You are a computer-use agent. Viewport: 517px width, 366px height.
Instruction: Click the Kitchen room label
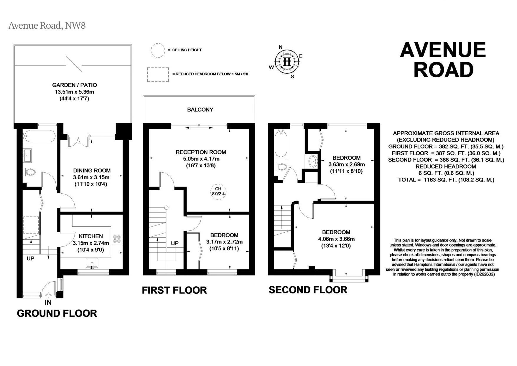coord(91,236)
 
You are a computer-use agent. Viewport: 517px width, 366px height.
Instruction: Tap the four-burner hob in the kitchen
coord(117,239)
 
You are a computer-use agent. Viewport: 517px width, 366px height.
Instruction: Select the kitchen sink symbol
coord(92,263)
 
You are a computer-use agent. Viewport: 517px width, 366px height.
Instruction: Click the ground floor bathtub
coord(40,136)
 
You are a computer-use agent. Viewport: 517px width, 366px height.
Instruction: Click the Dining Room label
coord(92,170)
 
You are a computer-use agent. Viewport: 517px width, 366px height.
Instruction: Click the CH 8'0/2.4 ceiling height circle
coord(218,191)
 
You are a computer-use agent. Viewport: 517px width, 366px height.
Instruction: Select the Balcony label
coord(200,110)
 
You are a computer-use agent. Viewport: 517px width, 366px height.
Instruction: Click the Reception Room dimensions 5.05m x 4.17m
coord(201,159)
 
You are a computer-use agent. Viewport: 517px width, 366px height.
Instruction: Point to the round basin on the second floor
coord(313,161)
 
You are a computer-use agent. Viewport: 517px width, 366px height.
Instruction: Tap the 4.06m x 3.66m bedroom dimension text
coord(336,239)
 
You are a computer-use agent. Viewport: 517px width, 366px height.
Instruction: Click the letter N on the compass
coord(281,47)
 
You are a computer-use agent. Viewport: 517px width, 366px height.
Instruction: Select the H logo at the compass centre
coord(287,62)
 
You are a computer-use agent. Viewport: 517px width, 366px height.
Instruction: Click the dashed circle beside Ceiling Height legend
coord(158,50)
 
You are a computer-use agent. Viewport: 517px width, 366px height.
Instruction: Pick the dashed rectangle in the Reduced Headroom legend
coord(158,74)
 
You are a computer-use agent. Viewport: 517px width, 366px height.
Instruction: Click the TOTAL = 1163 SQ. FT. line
coord(446,179)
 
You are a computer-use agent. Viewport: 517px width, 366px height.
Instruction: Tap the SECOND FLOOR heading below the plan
coord(308,290)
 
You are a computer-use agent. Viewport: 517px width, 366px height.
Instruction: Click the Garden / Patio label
coord(74,85)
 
